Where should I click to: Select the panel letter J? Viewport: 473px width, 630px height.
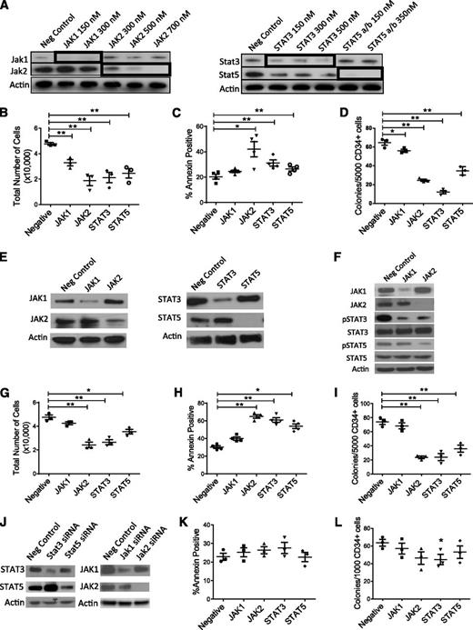click(7, 496)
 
